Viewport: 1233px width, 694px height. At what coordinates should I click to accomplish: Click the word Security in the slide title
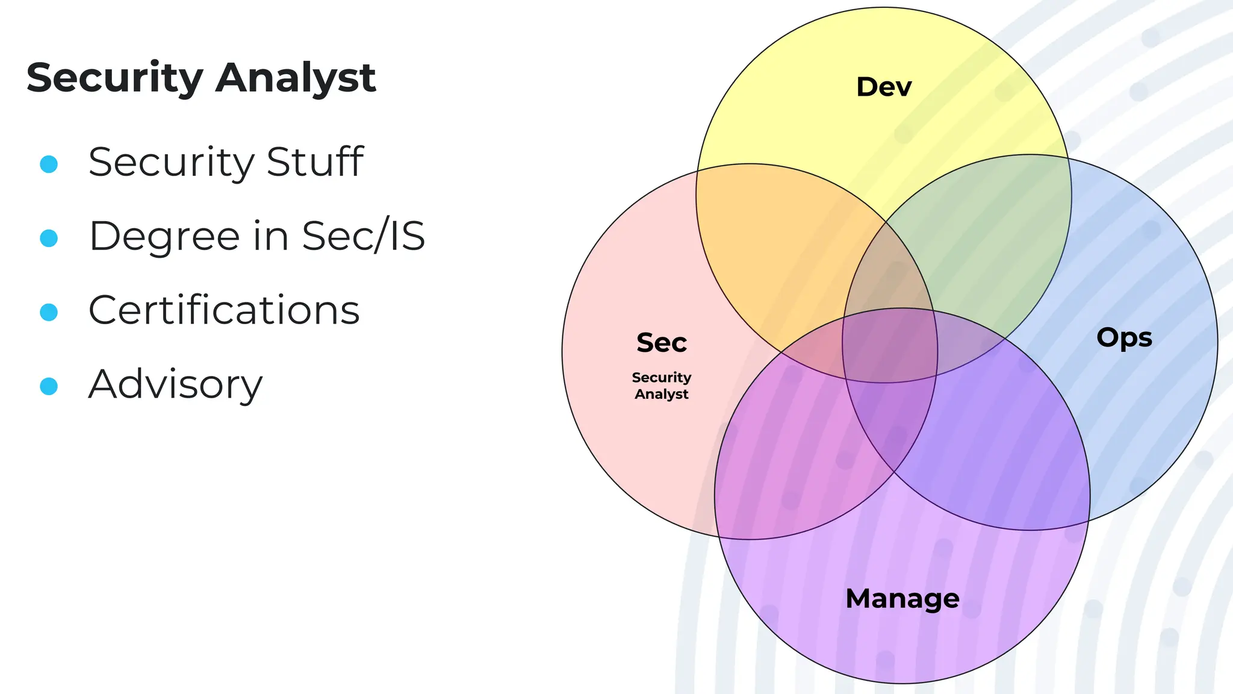tap(115, 78)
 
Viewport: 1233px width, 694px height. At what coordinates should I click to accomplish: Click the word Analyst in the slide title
tap(296, 78)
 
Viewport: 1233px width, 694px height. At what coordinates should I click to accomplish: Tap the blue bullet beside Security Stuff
tap(49, 164)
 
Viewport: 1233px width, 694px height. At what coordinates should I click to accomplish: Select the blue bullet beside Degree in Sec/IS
tap(49, 238)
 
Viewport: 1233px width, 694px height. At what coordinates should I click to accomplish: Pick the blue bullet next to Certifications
tap(49, 312)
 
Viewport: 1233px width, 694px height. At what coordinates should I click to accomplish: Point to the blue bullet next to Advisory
tap(49, 386)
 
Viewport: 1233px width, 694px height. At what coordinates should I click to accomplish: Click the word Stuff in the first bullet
tap(315, 162)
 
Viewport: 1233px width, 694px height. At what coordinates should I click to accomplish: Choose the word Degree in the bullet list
tap(164, 236)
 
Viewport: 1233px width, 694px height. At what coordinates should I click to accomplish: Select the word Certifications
tap(224, 310)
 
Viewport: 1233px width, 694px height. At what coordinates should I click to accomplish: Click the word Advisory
tap(175, 385)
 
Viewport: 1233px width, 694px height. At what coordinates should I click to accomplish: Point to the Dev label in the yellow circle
tap(884, 87)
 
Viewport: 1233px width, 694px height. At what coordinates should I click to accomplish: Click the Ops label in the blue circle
tap(1124, 337)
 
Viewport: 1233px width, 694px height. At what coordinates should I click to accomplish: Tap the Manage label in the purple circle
tap(902, 598)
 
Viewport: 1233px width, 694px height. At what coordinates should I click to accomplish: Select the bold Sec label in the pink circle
tap(662, 343)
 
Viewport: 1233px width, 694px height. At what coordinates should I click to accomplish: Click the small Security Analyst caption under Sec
tap(662, 386)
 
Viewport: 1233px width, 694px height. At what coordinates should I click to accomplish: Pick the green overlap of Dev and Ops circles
tap(975, 241)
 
